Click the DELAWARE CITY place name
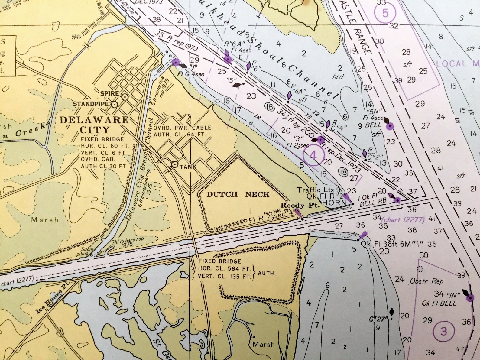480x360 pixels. pyautogui.click(x=94, y=125)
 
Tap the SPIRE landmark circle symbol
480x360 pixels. pyautogui.click(x=125, y=97)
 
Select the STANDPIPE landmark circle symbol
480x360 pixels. pyautogui.click(x=115, y=104)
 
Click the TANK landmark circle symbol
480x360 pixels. pyautogui.click(x=175, y=164)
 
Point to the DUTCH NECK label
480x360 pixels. pyautogui.click(x=238, y=194)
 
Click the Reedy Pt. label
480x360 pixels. pyautogui.click(x=300, y=205)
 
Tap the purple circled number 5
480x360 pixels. pyautogui.click(x=385, y=13)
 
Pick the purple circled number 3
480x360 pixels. pyautogui.click(x=443, y=331)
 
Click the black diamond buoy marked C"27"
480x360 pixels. pyautogui.click(x=392, y=312)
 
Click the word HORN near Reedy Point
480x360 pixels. pyautogui.click(x=334, y=203)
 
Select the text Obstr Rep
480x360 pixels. pyautogui.click(x=426, y=281)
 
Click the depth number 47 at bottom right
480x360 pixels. pyautogui.click(x=460, y=349)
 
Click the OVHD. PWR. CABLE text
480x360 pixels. pyautogui.click(x=182, y=128)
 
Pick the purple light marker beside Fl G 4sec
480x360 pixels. pyautogui.click(x=175, y=63)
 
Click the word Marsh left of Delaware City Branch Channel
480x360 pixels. pyautogui.click(x=45, y=220)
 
